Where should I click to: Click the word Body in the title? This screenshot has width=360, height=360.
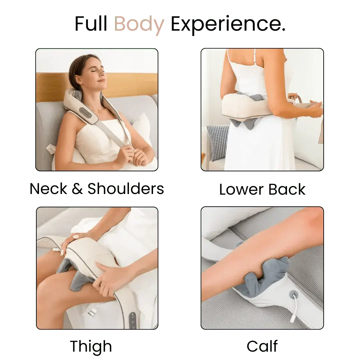click(139, 25)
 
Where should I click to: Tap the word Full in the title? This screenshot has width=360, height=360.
click(91, 25)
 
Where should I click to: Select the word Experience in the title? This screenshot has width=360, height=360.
click(227, 25)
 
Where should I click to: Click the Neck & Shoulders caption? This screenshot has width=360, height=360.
click(97, 189)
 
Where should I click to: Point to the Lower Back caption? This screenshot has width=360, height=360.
click(262, 189)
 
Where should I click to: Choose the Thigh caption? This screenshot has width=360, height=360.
click(91, 346)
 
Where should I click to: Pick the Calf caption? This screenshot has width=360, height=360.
click(262, 346)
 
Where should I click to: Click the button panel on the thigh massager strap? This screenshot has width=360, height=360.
click(133, 319)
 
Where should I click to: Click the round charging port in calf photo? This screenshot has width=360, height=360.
click(293, 294)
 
